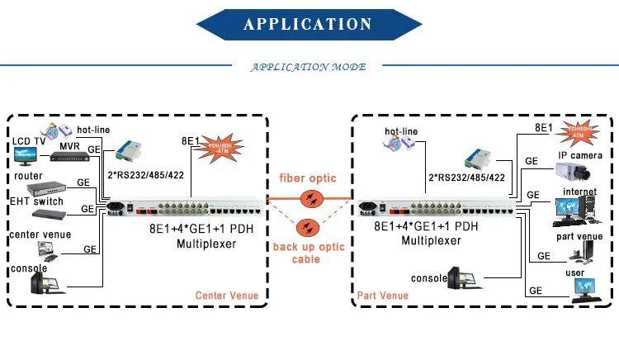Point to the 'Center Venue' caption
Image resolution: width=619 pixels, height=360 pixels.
click(x=226, y=295)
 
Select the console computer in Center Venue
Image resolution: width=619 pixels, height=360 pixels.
click(x=43, y=281)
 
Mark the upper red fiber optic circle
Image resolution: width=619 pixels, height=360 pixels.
click(x=310, y=198)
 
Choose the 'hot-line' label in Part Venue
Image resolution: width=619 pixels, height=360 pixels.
click(x=401, y=131)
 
